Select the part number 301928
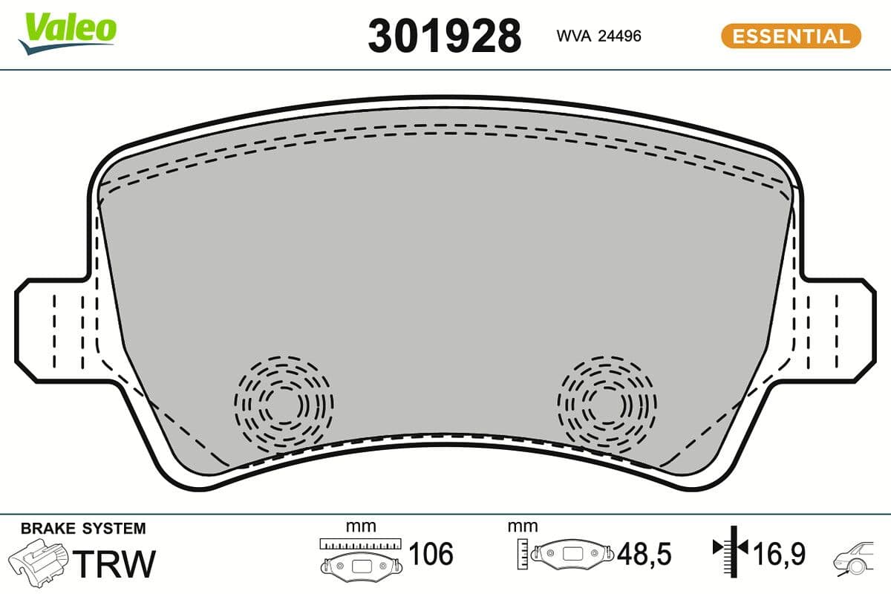coord(445,36)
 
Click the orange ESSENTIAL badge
coord(791,36)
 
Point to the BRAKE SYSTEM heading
coord(83,529)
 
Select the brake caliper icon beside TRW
coord(42,562)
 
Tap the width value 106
coord(431,554)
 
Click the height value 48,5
coord(644,554)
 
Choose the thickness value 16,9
coord(780,554)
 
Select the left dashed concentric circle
coord(283,405)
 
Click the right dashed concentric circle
coord(607,405)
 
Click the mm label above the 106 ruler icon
coord(361,526)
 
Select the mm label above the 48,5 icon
coord(522,526)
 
